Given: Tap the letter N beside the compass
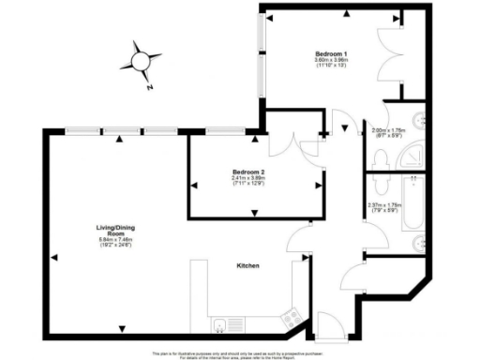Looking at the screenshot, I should coord(149,87).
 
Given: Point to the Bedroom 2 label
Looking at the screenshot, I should coord(249,172).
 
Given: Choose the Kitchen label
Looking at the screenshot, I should coord(247,265).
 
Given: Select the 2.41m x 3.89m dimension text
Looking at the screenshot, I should coord(249,180).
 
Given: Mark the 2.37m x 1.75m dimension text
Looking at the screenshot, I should coord(384,208).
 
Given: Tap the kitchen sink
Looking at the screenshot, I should coord(218,325).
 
